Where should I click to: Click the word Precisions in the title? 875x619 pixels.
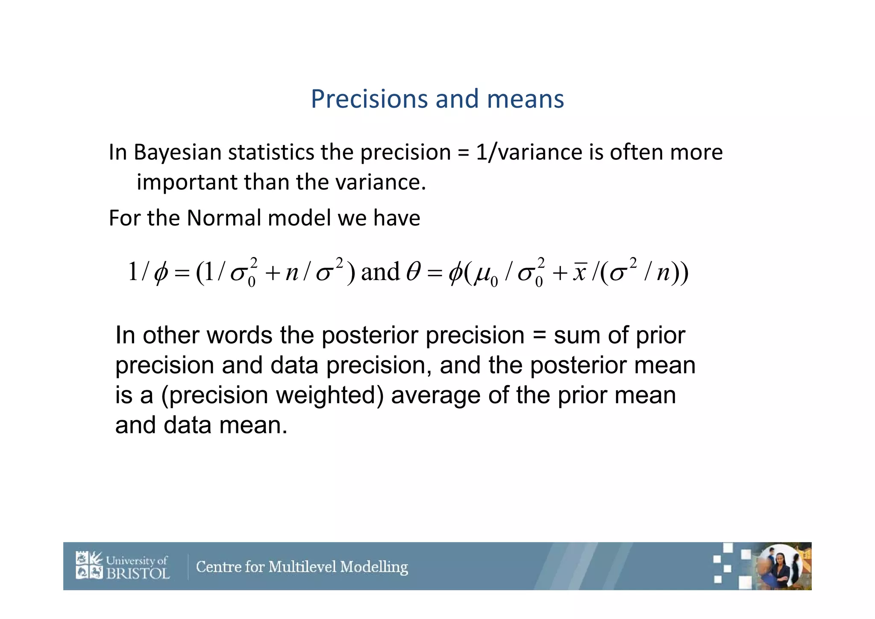369,99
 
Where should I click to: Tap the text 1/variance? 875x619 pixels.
529,153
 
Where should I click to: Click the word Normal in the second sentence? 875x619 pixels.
223,218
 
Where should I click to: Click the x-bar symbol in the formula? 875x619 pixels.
580,272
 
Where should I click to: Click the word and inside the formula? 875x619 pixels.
380,272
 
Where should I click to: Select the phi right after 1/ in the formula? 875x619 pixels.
161,272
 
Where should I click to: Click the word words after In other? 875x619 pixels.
239,335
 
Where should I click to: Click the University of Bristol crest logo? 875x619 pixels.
89,565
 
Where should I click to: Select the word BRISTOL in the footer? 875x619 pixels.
138,573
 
